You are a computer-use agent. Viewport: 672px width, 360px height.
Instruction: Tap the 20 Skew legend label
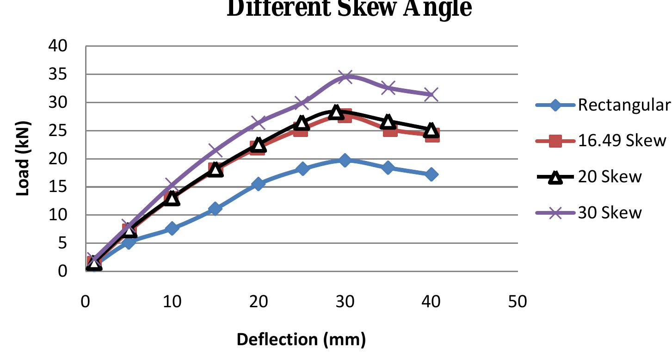pos(610,176)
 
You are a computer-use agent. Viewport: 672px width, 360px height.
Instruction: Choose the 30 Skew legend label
pos(610,212)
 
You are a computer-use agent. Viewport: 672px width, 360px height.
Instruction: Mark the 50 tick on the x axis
pos(517,302)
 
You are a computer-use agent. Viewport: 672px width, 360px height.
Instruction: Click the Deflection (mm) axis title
pos(301,340)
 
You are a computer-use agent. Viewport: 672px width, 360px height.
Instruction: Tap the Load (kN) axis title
pos(23,159)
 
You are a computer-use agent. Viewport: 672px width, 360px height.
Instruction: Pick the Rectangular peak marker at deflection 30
pos(345,160)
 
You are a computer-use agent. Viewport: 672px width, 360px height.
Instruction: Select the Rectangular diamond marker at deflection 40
pos(431,174)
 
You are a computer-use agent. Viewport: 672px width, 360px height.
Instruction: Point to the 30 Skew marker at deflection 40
pos(431,94)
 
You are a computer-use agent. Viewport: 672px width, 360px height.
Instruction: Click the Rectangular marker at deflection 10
pos(172,228)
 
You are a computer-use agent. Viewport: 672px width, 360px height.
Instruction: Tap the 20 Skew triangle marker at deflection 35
pos(388,122)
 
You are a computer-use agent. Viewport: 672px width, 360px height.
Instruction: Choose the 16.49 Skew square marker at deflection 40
pos(432,135)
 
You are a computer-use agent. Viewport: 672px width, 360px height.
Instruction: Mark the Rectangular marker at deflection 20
pos(259,184)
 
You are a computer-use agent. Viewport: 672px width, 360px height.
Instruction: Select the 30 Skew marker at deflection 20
pos(259,123)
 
